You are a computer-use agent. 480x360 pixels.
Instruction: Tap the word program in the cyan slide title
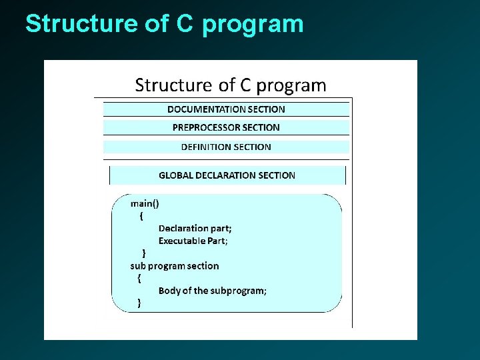253,24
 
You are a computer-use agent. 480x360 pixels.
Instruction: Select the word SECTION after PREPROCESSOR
262,127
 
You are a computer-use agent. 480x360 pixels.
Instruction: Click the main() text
145,203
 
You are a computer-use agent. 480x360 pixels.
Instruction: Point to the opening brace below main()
141,215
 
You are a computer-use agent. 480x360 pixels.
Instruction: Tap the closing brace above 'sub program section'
145,253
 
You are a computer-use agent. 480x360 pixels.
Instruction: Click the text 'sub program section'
174,265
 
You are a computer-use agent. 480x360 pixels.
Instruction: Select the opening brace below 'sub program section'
139,278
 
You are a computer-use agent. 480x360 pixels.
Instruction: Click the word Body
169,291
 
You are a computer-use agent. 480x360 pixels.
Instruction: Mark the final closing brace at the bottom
139,303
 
